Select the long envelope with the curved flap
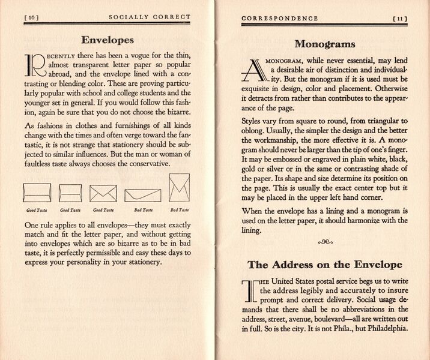(143, 195)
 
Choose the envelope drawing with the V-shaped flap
(103, 192)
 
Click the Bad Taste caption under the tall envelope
(179, 210)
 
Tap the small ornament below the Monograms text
(325, 242)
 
